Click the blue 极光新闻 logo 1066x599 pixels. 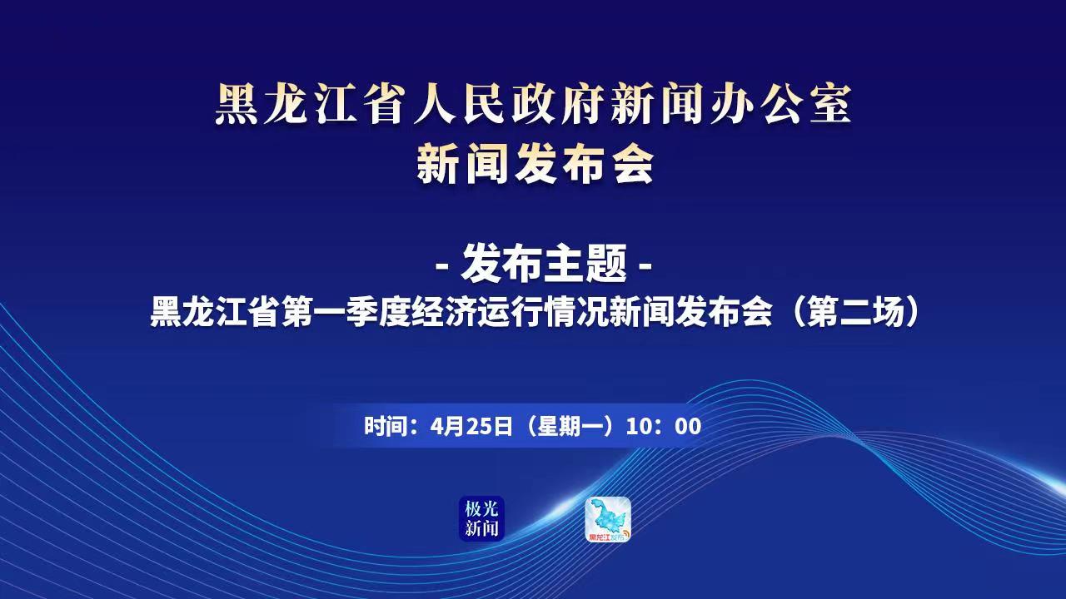(x=481, y=518)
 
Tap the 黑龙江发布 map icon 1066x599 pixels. (x=608, y=519)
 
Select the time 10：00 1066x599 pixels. (x=664, y=427)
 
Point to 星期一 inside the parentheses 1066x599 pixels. (x=568, y=427)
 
